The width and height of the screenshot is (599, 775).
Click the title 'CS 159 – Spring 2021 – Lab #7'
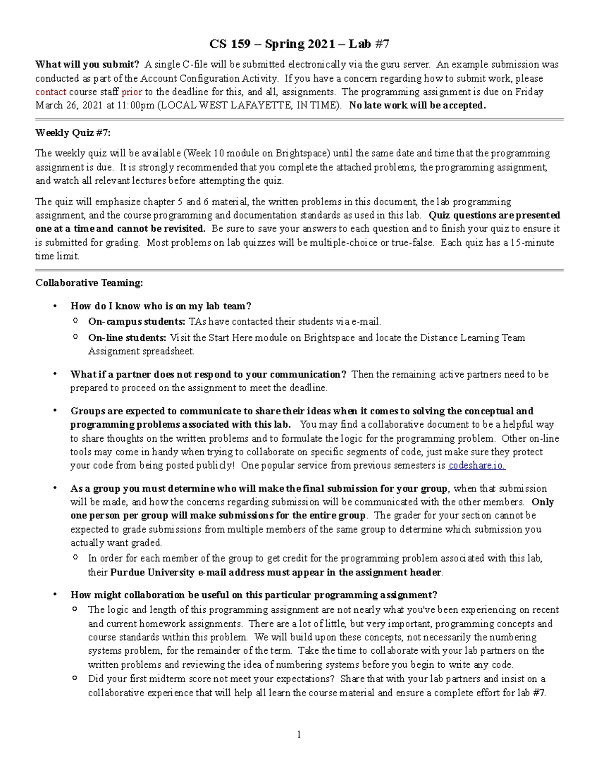299,44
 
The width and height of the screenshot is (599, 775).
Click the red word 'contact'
50,92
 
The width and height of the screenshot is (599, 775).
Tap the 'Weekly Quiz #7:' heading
73,133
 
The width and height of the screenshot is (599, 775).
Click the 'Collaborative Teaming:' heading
89,283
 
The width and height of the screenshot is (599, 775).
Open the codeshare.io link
477,466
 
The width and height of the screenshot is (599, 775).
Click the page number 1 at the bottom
299,734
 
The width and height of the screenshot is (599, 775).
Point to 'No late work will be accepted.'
417,105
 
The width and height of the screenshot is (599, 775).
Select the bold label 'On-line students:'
127,338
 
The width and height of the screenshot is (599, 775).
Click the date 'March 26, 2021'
68,105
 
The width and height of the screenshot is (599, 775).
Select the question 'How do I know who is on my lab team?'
161,306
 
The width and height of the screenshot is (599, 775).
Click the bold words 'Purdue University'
152,572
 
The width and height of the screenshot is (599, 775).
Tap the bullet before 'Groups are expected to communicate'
56,411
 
